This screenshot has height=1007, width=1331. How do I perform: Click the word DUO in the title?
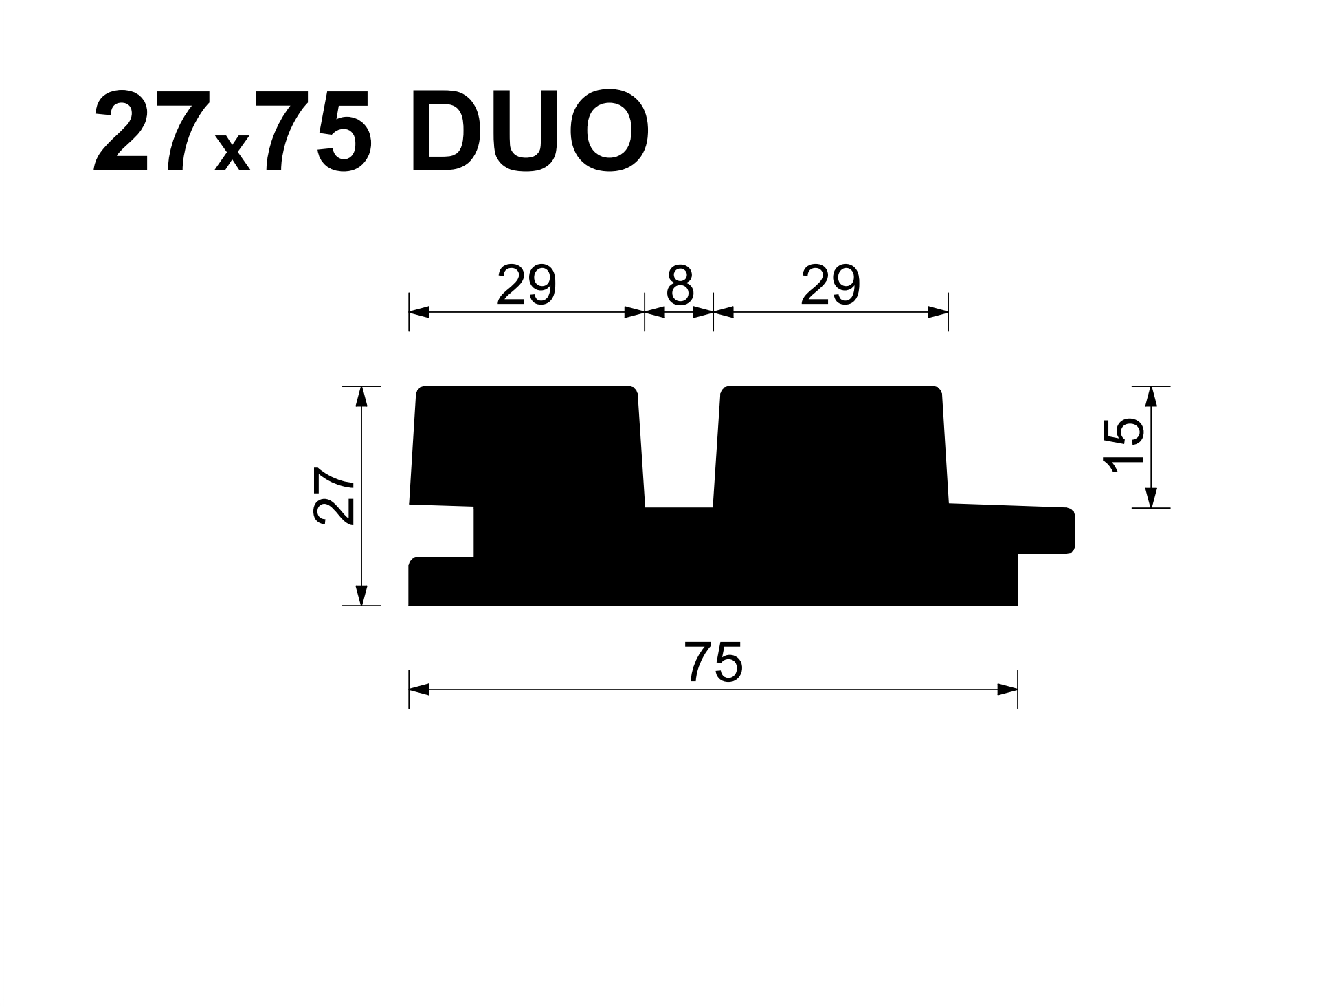529,131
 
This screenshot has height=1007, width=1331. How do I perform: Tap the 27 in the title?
140,131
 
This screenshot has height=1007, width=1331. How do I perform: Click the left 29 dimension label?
526,285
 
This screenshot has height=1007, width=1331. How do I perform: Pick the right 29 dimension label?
830,285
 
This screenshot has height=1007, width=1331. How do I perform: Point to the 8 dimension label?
680,285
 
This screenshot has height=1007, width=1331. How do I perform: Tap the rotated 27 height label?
334,496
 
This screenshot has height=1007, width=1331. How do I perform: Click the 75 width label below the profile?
713,663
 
